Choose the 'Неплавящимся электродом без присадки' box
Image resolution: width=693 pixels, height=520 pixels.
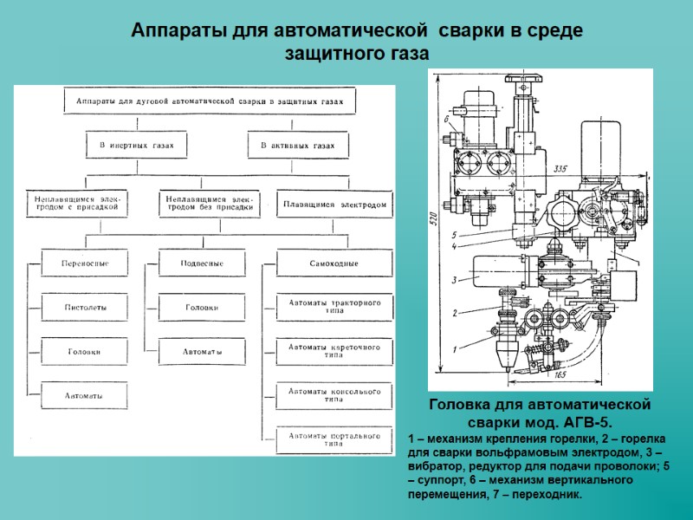tap(209, 205)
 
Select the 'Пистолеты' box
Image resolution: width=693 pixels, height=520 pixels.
tap(84, 307)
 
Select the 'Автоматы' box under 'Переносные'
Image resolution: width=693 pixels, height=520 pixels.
tap(84, 395)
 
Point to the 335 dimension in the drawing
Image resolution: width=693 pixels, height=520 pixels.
tap(560, 168)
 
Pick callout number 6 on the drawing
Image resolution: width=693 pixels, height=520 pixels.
tap(445, 120)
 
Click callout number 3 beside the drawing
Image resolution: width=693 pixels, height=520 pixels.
tap(452, 280)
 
